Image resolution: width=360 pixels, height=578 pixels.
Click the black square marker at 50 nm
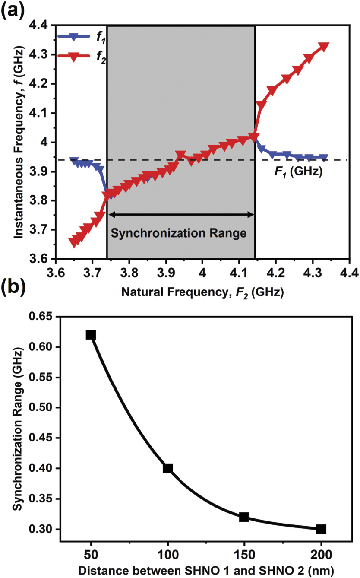click(x=91, y=335)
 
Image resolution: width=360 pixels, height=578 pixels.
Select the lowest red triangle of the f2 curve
click(x=73, y=243)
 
